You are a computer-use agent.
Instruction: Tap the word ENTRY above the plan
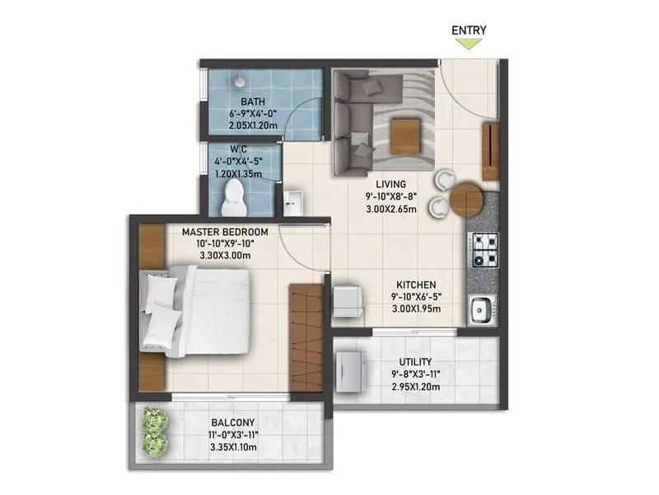(x=469, y=31)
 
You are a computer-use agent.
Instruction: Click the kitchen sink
(x=481, y=309)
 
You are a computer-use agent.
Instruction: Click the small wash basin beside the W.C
(x=293, y=201)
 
